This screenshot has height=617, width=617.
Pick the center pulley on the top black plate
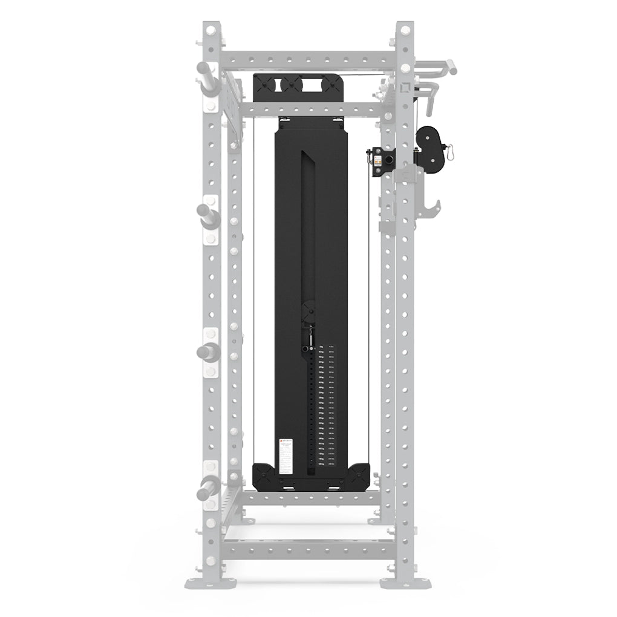click(298, 84)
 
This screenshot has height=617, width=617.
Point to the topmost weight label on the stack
click(322, 347)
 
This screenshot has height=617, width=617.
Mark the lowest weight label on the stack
click(322, 465)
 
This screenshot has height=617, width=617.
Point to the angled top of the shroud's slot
click(308, 159)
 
